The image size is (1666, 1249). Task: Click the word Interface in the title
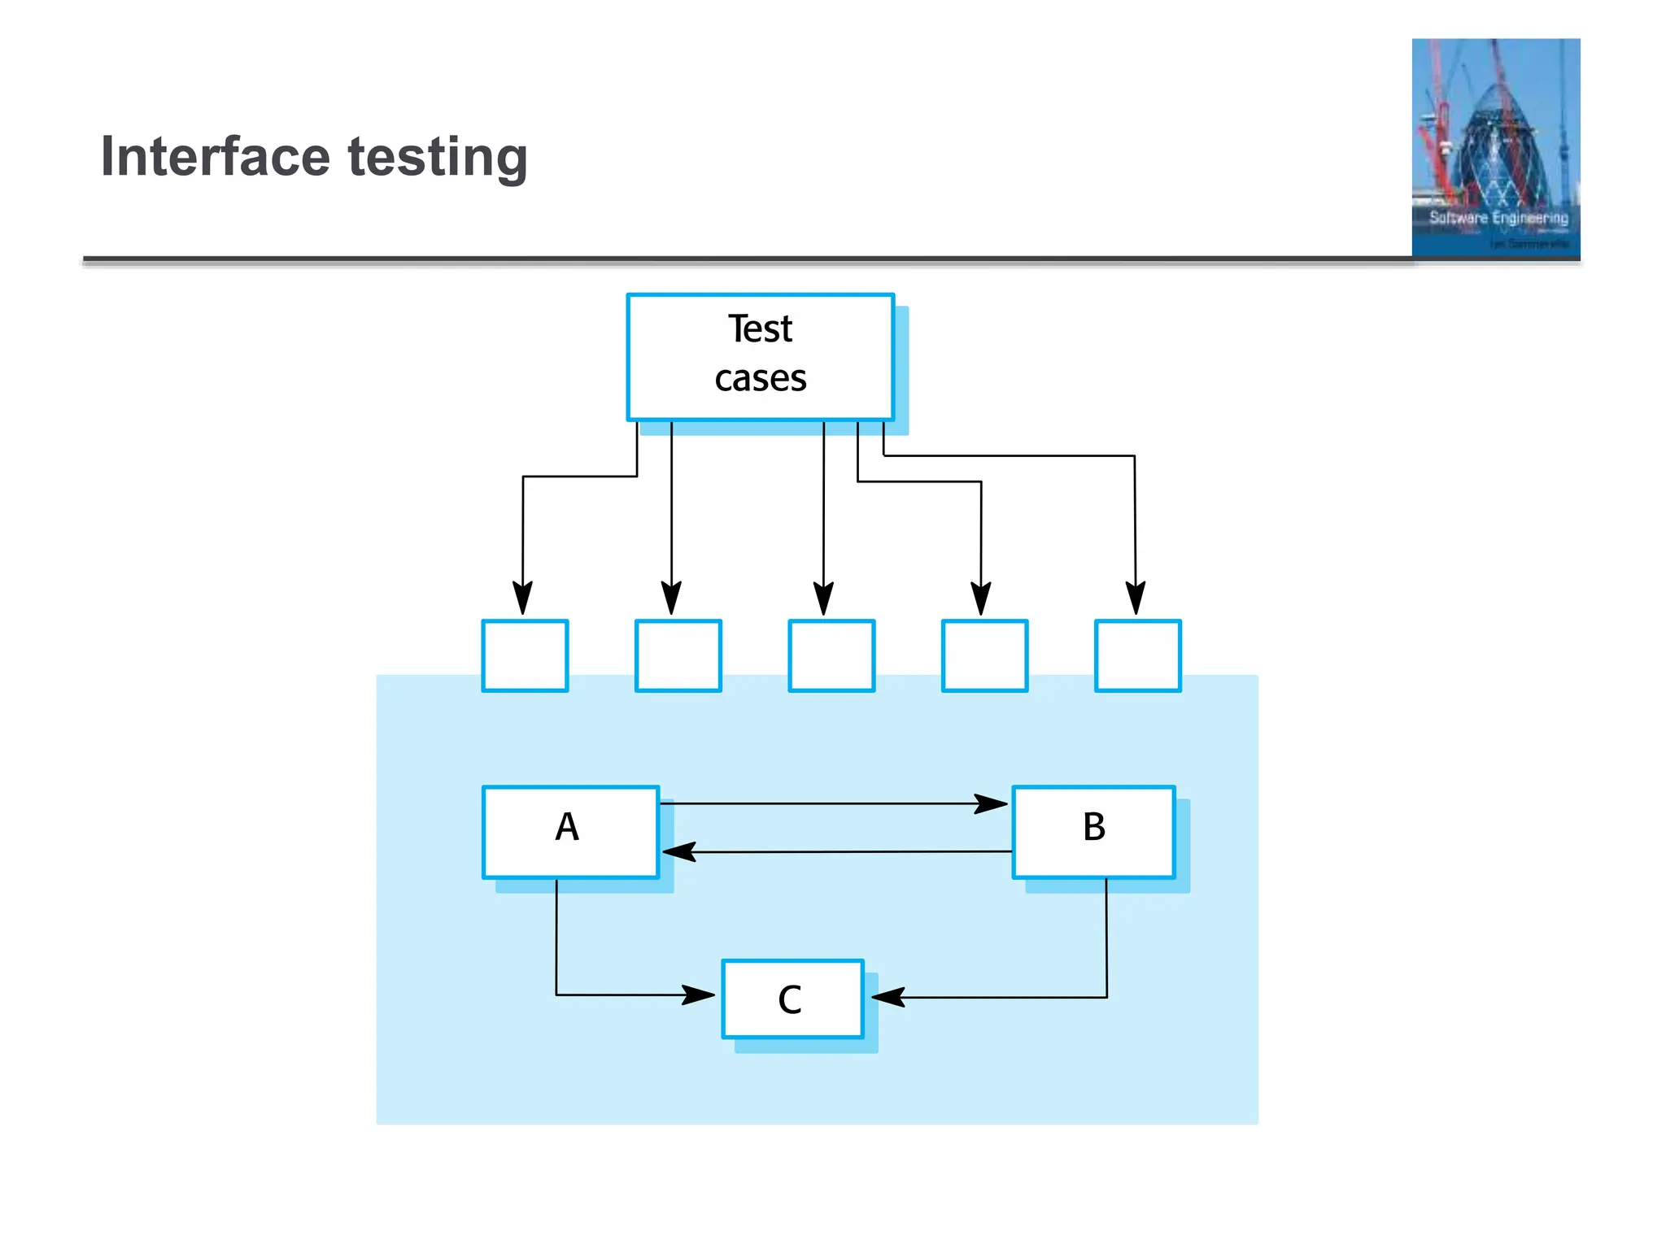click(215, 156)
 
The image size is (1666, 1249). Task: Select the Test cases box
click(760, 357)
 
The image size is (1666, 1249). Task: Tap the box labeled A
click(569, 831)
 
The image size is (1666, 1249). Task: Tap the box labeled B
click(1093, 831)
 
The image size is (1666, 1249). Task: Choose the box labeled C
click(792, 999)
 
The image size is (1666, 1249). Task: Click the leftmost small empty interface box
click(525, 655)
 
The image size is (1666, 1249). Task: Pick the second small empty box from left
click(678, 655)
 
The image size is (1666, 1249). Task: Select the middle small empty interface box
click(831, 655)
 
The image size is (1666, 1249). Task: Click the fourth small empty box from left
click(984, 655)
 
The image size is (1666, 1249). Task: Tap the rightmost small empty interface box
click(1137, 655)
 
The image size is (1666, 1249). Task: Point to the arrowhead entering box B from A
click(992, 804)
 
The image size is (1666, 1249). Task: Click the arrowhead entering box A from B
click(678, 852)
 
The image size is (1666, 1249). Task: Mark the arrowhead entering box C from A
click(699, 994)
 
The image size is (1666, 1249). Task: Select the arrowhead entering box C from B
click(888, 997)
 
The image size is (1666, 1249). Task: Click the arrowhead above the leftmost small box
click(522, 598)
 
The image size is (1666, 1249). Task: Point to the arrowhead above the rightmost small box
click(1136, 598)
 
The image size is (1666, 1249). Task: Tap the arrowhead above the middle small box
click(823, 598)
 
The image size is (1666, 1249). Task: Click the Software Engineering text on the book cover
click(1498, 218)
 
